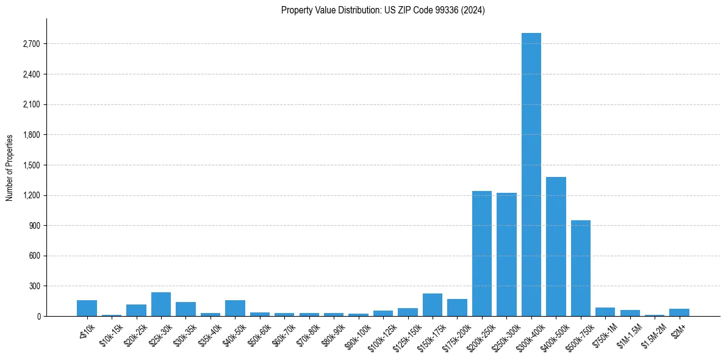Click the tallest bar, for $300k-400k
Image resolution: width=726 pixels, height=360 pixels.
point(531,175)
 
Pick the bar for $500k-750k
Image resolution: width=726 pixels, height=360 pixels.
point(580,268)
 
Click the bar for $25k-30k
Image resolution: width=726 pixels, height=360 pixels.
point(161,304)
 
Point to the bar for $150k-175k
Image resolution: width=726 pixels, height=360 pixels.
point(433,305)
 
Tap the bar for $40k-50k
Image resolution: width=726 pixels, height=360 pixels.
point(235,308)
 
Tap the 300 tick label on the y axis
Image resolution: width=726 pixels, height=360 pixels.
point(33,286)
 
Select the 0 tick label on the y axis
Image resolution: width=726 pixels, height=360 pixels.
point(38,316)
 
